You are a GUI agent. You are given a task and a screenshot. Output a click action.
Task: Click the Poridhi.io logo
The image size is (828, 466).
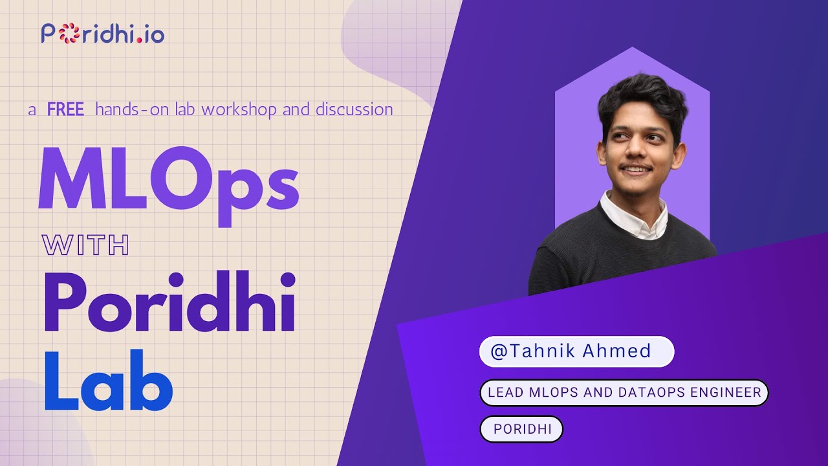pos(103,33)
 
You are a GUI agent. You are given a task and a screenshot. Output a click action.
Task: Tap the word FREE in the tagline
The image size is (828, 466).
pos(65,109)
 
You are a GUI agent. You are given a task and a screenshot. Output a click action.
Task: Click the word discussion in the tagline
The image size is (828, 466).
pos(354,109)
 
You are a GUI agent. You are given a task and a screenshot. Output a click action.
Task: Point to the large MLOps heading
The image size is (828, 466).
pos(168,179)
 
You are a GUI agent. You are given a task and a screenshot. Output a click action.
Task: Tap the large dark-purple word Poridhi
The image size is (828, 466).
pos(170,302)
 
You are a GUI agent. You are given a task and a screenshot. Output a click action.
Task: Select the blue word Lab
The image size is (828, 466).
pos(108,380)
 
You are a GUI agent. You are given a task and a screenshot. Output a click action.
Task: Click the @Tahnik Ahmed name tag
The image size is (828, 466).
pos(576,351)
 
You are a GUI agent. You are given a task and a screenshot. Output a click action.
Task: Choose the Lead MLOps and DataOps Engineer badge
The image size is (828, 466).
pos(624,393)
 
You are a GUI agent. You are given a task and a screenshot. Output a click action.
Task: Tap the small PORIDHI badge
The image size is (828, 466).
pos(521,429)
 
